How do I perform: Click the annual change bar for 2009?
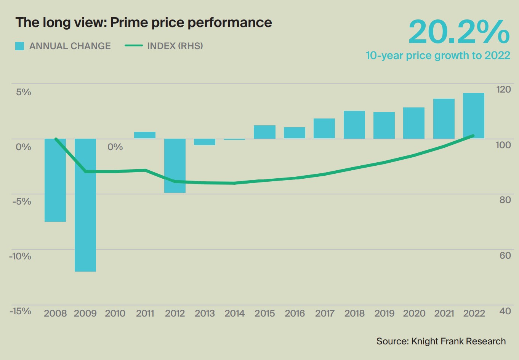(x=85, y=205)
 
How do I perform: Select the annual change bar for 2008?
(x=55, y=180)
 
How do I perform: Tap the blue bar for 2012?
(x=175, y=166)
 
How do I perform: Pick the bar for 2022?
(x=474, y=115)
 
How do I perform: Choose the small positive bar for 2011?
(x=145, y=135)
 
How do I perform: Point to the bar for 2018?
(x=354, y=125)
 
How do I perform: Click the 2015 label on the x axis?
(x=265, y=314)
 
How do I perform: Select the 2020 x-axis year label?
(x=414, y=314)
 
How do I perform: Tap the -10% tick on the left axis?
(x=20, y=256)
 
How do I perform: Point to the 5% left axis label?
(x=23, y=92)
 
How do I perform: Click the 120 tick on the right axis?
(x=503, y=90)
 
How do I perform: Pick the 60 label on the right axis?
(x=505, y=255)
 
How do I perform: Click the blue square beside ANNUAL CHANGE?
(x=19, y=46)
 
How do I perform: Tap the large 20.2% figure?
(x=459, y=32)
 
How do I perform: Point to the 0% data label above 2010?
(x=115, y=147)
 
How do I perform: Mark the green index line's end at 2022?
(x=473, y=136)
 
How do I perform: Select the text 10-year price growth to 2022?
(x=438, y=56)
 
